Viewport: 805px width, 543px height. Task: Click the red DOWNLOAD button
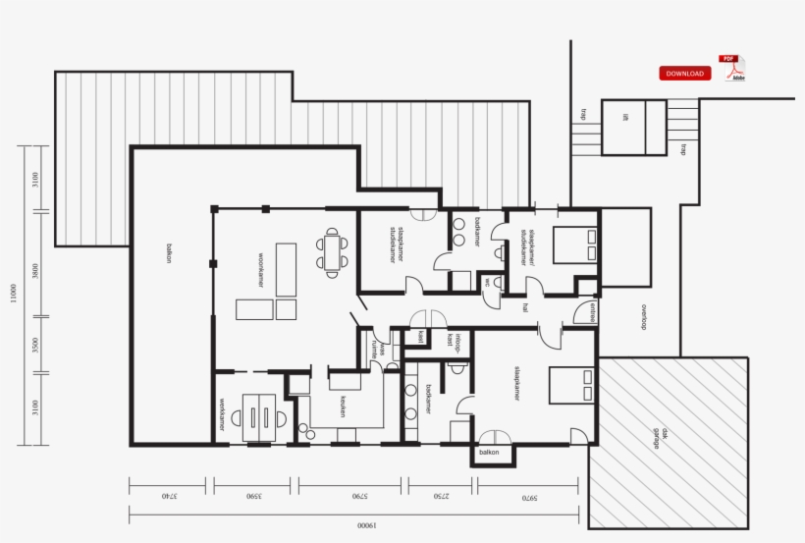(684, 74)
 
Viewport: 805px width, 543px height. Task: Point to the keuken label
(343, 407)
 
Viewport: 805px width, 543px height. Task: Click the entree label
(592, 313)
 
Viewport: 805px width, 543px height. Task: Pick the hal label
(525, 306)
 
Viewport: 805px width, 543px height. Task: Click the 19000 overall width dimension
(367, 525)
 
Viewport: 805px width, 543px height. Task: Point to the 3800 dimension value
(35, 271)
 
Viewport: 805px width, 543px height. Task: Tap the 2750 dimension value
(440, 497)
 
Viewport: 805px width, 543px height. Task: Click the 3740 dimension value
(168, 497)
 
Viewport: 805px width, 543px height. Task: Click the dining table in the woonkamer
(332, 249)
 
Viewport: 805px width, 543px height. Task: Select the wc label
(486, 281)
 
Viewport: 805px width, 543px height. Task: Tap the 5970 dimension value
(530, 497)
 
